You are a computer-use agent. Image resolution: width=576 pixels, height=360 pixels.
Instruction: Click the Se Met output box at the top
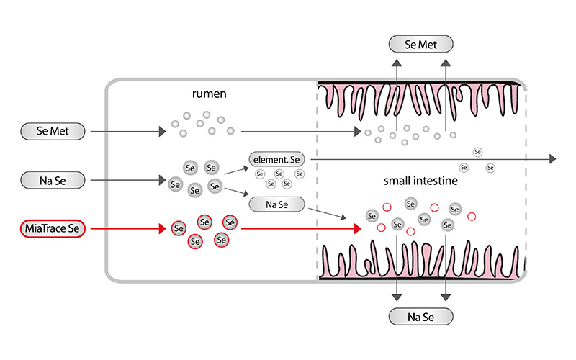pyautogui.click(x=421, y=44)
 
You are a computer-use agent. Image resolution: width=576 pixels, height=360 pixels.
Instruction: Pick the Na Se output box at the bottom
pyautogui.click(x=421, y=316)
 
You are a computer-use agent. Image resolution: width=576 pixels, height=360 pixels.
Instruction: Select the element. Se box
pyautogui.click(x=277, y=158)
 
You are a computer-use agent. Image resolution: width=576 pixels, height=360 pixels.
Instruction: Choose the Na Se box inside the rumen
pyautogui.click(x=277, y=204)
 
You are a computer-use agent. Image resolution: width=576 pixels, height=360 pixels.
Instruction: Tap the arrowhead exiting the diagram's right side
pyautogui.click(x=552, y=158)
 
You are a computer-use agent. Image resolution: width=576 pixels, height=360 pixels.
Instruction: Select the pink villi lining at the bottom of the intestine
pyautogui.click(x=421, y=259)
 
